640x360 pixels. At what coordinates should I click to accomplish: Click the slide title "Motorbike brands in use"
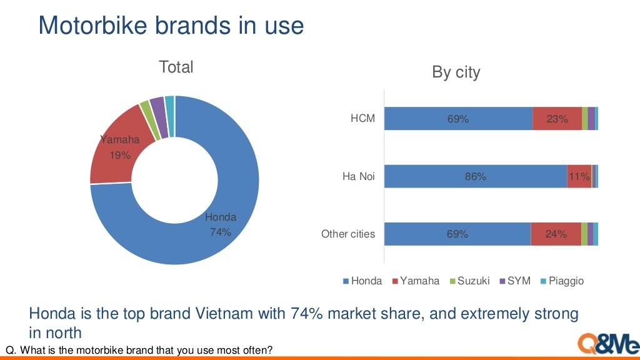[x=171, y=26]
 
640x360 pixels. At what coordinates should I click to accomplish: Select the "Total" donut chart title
[x=176, y=67]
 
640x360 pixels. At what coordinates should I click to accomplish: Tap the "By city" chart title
[x=456, y=72]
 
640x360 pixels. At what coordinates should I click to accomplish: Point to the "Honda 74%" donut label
[x=221, y=224]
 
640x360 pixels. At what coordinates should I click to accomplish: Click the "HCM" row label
[x=362, y=118]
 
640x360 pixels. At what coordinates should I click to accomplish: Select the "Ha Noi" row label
[x=359, y=176]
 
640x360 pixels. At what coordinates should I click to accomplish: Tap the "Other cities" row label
[x=348, y=234]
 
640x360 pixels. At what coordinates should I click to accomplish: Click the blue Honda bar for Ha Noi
[x=475, y=177]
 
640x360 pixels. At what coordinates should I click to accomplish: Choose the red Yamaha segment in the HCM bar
[x=557, y=119]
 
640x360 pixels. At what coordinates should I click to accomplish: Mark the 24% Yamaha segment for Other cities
[x=556, y=234]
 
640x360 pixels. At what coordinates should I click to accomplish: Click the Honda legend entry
[x=362, y=281]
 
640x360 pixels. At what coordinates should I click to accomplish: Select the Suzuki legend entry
[x=469, y=281]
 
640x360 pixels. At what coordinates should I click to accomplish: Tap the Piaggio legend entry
[x=562, y=281]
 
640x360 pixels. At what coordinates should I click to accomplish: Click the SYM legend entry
[x=515, y=281]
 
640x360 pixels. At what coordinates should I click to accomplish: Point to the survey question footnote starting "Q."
[x=139, y=350]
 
